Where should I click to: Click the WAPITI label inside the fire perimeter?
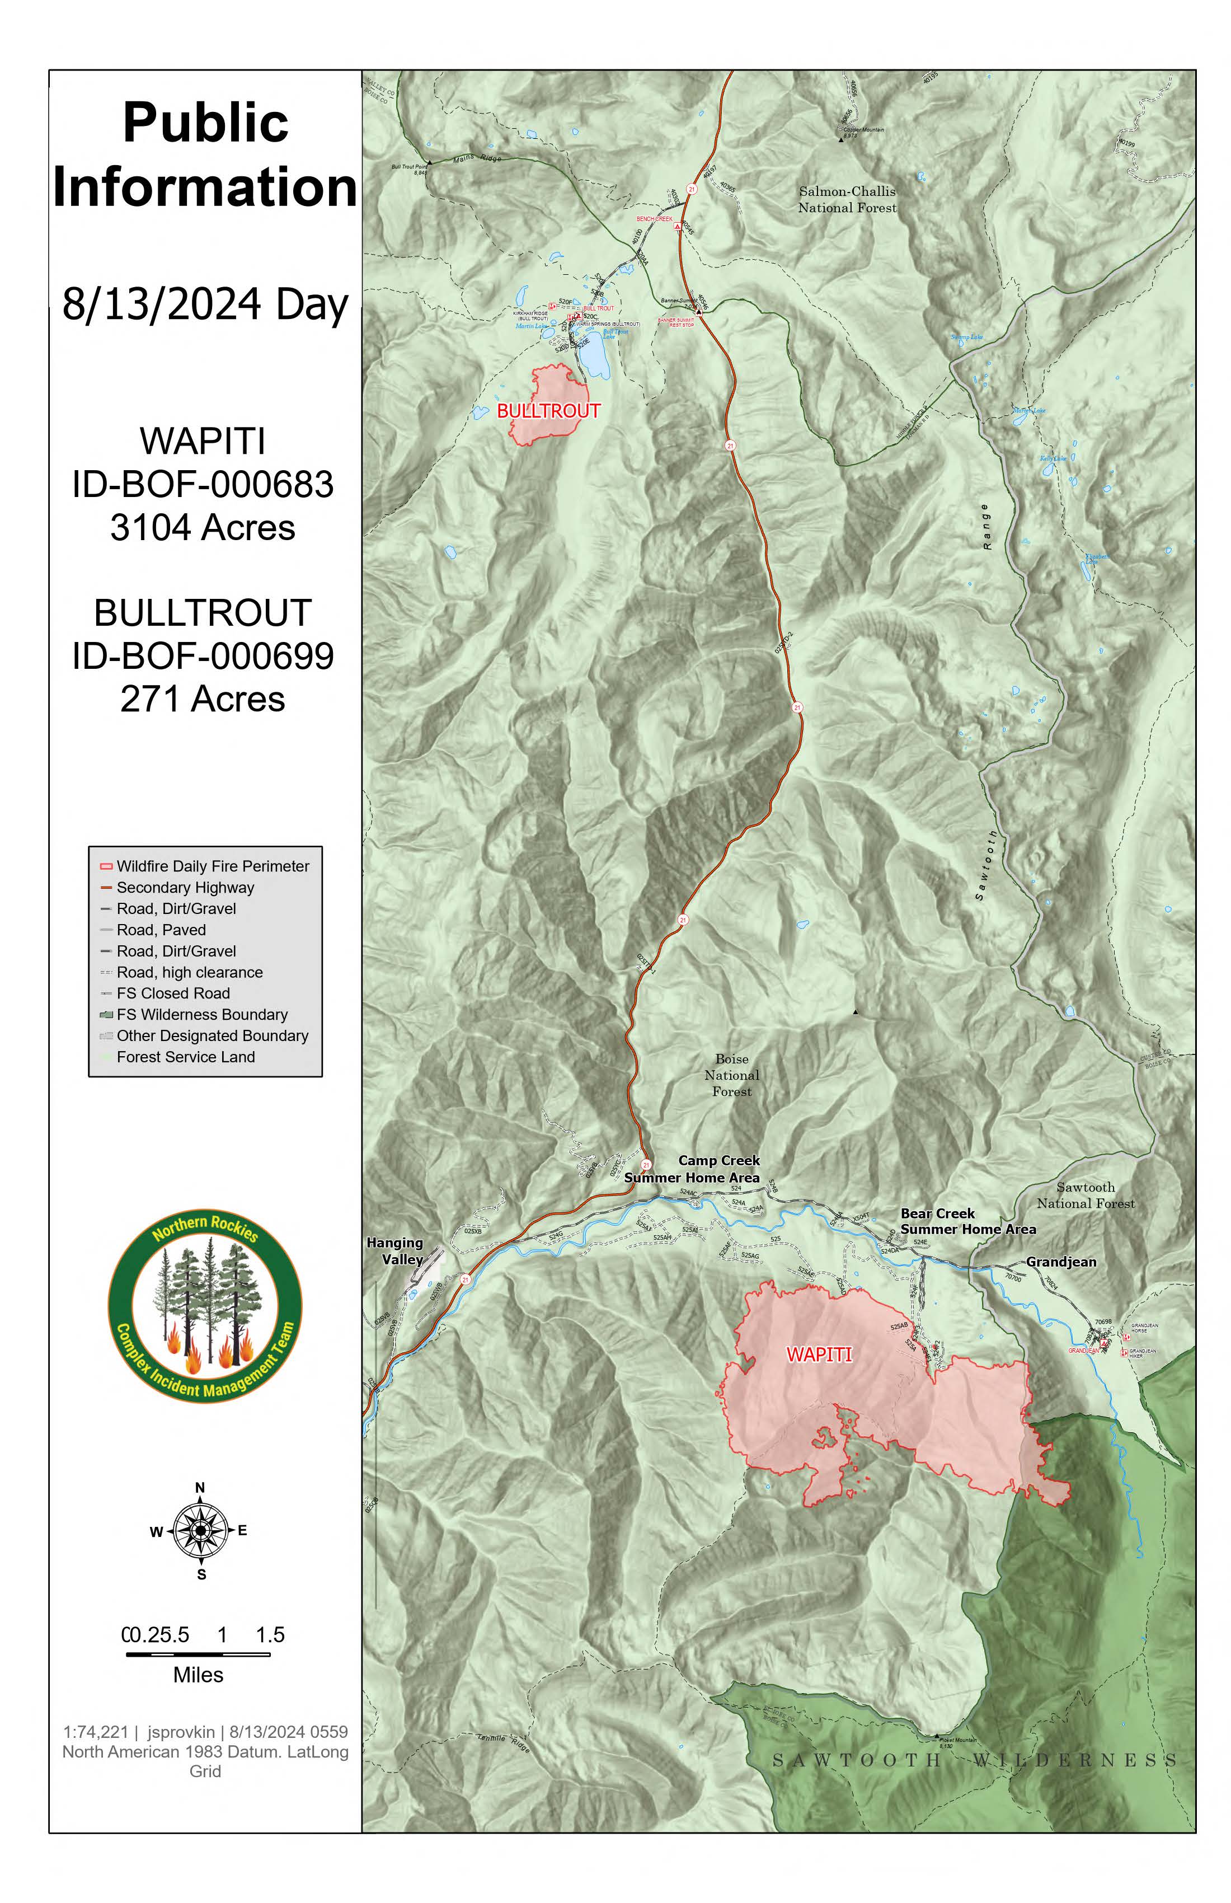click(819, 1354)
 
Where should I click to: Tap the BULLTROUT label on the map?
click(548, 411)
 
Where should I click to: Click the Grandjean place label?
click(1061, 1262)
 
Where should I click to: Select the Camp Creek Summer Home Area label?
click(692, 1169)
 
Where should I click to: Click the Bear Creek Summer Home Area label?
click(968, 1221)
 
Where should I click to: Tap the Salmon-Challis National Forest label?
click(847, 200)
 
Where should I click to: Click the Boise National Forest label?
click(731, 1075)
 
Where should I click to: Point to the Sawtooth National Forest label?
click(1086, 1196)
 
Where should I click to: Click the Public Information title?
click(205, 155)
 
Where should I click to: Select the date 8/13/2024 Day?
click(205, 304)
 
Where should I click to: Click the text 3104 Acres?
click(203, 528)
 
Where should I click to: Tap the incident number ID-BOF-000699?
click(203, 657)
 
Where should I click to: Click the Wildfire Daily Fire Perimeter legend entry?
click(212, 866)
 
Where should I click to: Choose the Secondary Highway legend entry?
click(185, 888)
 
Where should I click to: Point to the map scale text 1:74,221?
click(95, 1732)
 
